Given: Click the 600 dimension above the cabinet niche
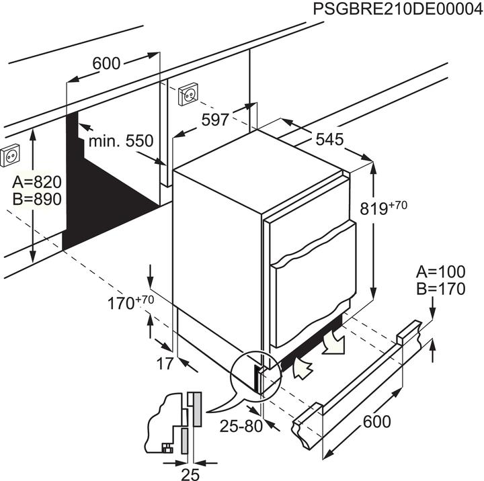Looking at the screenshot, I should click(x=106, y=64).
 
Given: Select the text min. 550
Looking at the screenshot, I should click(x=122, y=141).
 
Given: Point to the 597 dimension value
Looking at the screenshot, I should click(x=216, y=120).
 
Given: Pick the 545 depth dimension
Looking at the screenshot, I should click(x=329, y=140).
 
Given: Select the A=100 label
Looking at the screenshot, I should click(x=441, y=272).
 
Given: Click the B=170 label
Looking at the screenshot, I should click(x=441, y=290).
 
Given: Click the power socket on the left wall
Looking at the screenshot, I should click(x=11, y=157).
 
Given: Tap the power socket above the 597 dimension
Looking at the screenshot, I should click(x=188, y=96).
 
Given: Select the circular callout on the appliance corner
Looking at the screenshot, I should click(x=255, y=376).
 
